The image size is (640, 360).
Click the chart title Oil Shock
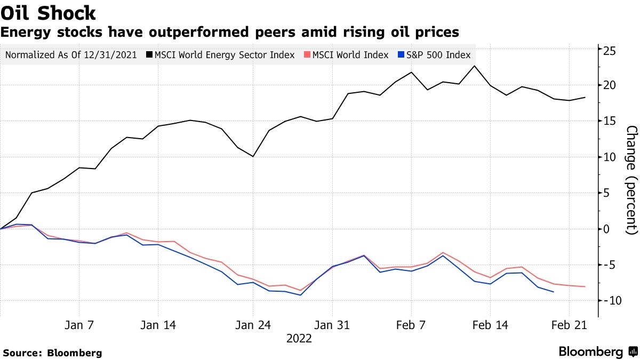[49, 13]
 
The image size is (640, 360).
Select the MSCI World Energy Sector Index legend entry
[224, 55]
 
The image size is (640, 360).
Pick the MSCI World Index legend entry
[350, 55]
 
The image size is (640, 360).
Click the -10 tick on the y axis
[608, 301]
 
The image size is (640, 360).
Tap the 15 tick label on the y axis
[610, 121]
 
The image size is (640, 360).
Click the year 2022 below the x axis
[299, 339]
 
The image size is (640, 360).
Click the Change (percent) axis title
[632, 180]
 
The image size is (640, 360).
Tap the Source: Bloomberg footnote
[52, 353]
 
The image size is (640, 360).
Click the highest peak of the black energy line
[474, 66]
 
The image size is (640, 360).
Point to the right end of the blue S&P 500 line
[553, 292]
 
